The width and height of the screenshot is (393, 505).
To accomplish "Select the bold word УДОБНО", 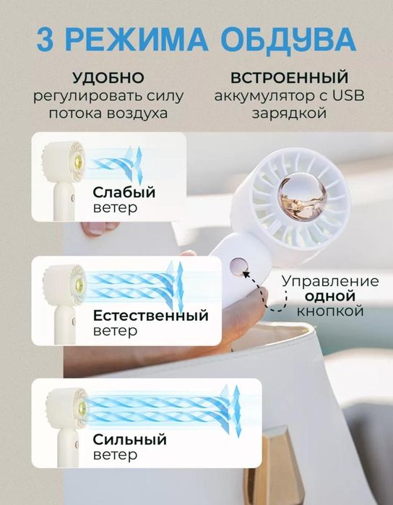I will [108, 77].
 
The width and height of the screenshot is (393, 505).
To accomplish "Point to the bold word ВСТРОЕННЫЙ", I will [288, 77].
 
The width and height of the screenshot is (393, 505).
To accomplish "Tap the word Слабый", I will [124, 192].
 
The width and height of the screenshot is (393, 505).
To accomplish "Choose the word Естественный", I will [150, 316].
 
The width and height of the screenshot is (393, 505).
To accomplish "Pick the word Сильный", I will [130, 439].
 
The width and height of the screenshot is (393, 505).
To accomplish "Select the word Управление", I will [329, 280].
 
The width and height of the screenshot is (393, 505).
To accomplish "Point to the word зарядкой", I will [290, 113].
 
